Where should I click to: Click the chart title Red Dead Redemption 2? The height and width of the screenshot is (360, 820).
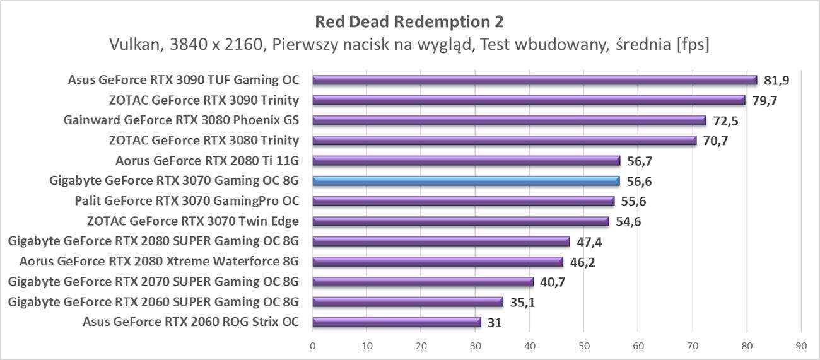pyautogui.click(x=409, y=22)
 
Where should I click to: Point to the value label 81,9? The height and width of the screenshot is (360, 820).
pyautogui.click(x=776, y=80)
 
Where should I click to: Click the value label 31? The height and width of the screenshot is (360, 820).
pyautogui.click(x=496, y=322)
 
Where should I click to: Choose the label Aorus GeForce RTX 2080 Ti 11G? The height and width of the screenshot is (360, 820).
pyautogui.click(x=207, y=161)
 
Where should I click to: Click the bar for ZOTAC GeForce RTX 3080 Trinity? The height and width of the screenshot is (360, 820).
pyautogui.click(x=504, y=141)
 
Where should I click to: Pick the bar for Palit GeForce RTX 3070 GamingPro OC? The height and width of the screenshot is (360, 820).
pyautogui.click(x=463, y=201)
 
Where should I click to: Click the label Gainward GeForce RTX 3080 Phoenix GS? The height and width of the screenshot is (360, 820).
pyautogui.click(x=181, y=120)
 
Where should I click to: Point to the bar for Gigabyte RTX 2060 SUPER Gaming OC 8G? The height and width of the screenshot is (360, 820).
pyautogui.click(x=407, y=302)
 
